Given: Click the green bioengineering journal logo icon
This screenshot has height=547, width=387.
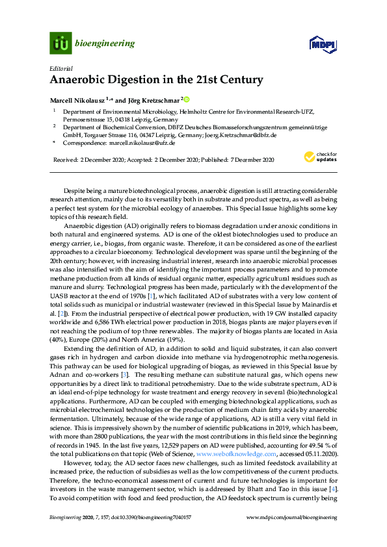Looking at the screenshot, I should coord(60,43).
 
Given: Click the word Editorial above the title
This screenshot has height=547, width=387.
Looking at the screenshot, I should coord(60,68).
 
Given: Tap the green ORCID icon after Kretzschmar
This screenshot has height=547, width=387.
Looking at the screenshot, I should coord(186,100).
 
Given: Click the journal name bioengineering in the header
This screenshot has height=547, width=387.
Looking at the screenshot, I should coord(105,44).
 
